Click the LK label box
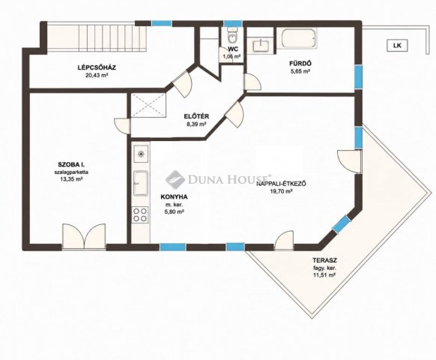[397, 46]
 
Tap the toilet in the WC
[231, 35]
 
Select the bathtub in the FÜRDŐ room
[299, 38]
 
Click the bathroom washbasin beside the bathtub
[261, 46]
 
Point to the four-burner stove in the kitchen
[140, 214]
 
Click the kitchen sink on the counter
[141, 183]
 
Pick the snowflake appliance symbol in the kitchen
[141, 154]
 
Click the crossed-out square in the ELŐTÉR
[148, 105]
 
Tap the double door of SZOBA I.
[84, 237]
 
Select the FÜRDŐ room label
[299, 64]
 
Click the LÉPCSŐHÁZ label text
[97, 67]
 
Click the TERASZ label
[325, 261]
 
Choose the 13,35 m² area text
[71, 179]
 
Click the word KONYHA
[174, 197]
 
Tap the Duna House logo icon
[175, 179]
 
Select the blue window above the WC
[233, 24]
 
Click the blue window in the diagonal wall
[342, 224]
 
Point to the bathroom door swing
[252, 82]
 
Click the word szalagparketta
[71, 172]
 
